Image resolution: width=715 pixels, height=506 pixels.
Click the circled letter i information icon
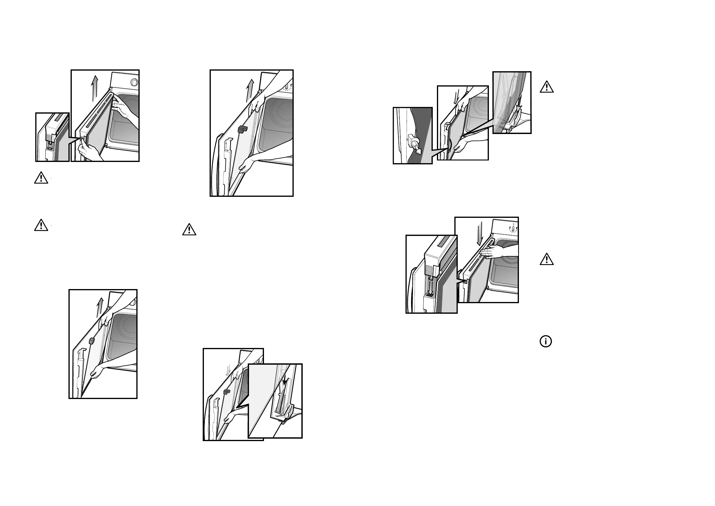click(546, 341)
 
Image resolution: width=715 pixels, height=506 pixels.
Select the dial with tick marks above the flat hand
click(513, 229)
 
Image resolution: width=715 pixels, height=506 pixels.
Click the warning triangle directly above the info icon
click(547, 260)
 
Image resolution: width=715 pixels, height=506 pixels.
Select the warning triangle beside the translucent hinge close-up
click(547, 87)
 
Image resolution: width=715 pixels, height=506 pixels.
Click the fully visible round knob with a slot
click(134, 82)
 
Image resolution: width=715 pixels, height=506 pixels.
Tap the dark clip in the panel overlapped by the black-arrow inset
click(227, 392)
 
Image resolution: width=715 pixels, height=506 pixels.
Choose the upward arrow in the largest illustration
click(250, 90)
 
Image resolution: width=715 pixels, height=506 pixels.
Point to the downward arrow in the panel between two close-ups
click(456, 98)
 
